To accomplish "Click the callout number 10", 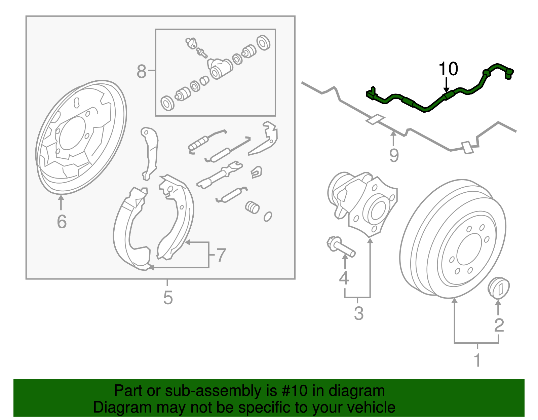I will pos(448,69).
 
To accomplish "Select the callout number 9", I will pos(394,155).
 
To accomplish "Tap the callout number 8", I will pos(142,71).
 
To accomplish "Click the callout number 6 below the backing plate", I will pos(62,222).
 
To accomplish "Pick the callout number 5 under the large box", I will pos(168,298).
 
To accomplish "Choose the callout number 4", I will pos(344,278).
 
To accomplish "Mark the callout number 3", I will pos(359,313).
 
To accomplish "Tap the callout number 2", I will pos(499,325).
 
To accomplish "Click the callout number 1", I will pos(477,360).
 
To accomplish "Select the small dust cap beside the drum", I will pos(499,288).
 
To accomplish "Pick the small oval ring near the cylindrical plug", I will pos(268,217).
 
